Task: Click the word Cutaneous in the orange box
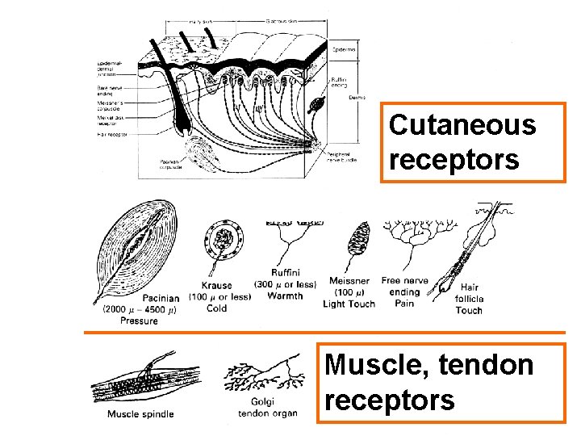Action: (462, 125)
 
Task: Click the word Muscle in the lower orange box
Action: (367, 365)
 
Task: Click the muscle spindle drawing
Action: (141, 384)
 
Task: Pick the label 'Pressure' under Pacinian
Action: (139, 321)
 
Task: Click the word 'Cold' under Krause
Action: (217, 308)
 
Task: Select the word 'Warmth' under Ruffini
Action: (287, 296)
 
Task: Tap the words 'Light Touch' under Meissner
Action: (349, 304)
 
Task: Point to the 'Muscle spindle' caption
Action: (140, 415)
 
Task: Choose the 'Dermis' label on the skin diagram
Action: (356, 96)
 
